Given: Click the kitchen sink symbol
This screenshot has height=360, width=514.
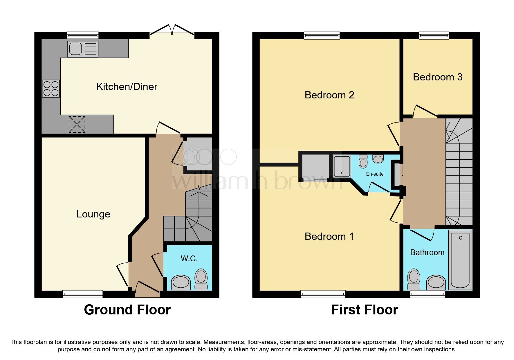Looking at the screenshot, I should pyautogui.click(x=83, y=49).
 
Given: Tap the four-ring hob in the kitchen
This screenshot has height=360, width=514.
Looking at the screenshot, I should pyautogui.click(x=51, y=89).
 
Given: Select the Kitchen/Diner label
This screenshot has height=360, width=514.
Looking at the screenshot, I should pyautogui.click(x=127, y=87).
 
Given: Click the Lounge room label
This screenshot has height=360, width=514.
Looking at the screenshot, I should pyautogui.click(x=93, y=214).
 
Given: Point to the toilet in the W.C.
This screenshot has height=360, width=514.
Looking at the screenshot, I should pyautogui.click(x=201, y=279).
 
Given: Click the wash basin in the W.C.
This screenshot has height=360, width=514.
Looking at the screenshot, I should pyautogui.click(x=181, y=282).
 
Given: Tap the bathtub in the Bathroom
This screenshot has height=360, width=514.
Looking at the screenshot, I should pyautogui.click(x=460, y=260).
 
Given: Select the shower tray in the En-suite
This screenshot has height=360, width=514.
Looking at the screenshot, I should pyautogui.click(x=342, y=166).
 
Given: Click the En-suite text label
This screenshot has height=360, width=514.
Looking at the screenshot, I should pyautogui.click(x=375, y=174).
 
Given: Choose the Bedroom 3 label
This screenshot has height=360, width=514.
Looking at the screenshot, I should pyautogui.click(x=437, y=77).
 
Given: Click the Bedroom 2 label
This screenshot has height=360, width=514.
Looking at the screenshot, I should pyautogui.click(x=329, y=95).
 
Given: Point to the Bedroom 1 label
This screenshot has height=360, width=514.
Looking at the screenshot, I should pyautogui.click(x=329, y=236).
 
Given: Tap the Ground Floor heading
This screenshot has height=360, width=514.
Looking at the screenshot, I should pyautogui.click(x=127, y=310).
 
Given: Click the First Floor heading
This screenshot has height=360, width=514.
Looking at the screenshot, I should pyautogui.click(x=364, y=310).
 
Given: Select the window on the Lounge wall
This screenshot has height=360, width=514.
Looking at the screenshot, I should pyautogui.click(x=83, y=294).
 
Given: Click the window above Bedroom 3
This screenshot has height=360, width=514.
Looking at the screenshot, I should pyautogui.click(x=434, y=35).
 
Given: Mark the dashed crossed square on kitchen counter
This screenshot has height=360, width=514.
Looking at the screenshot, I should pyautogui.click(x=77, y=124).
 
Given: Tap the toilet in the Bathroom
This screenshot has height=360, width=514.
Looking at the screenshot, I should pyautogui.click(x=414, y=279).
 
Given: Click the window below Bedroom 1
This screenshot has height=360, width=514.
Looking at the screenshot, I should pyautogui.click(x=323, y=294).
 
